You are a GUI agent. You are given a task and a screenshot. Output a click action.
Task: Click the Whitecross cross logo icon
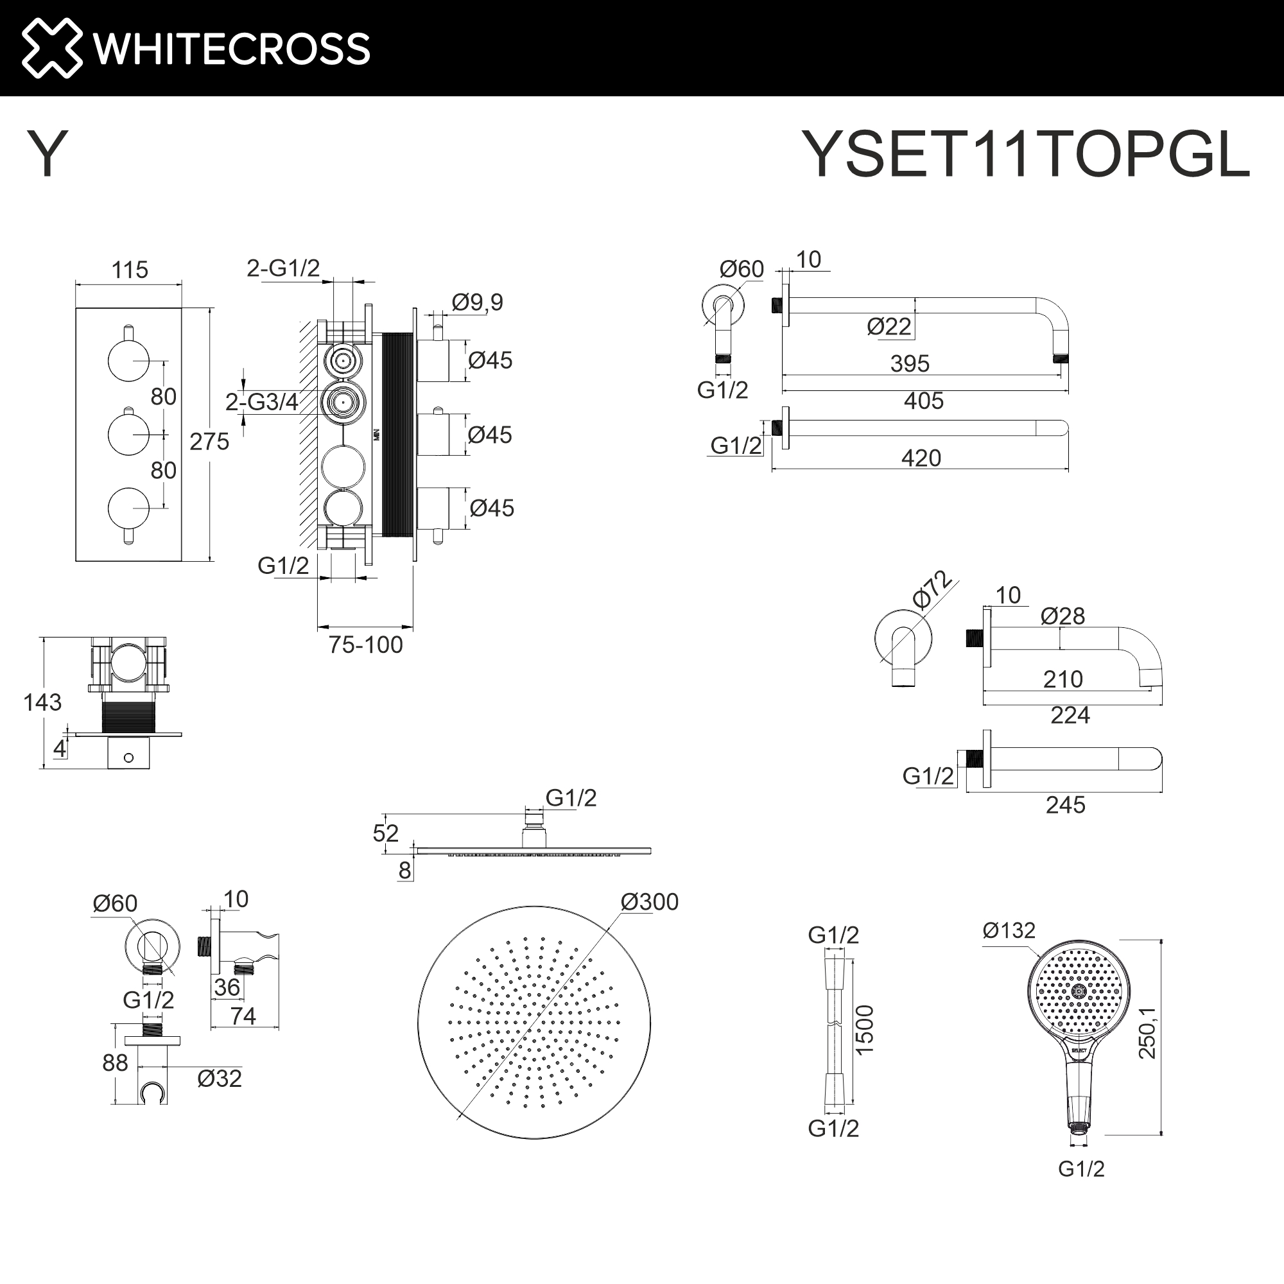click(52, 48)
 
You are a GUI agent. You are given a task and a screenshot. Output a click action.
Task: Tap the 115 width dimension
click(130, 270)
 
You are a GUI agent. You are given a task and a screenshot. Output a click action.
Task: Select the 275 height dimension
click(209, 441)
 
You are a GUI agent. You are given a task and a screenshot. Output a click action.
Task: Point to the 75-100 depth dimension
click(365, 645)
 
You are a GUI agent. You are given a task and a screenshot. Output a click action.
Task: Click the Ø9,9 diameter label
click(477, 302)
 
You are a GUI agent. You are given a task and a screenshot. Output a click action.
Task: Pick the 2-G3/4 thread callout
click(261, 402)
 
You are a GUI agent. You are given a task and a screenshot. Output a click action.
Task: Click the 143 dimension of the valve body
click(42, 702)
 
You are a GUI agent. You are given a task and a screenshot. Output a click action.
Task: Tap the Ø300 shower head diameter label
click(649, 902)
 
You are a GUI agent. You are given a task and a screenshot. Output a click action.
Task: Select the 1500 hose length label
click(865, 1030)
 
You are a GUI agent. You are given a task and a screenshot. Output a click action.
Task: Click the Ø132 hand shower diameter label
click(1009, 930)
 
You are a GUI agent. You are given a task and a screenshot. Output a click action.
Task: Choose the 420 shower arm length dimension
click(921, 458)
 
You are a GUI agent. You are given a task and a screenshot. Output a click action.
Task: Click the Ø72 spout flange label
click(932, 589)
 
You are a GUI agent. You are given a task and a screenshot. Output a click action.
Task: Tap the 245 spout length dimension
click(1065, 805)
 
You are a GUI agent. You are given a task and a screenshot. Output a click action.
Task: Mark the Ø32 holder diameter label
click(220, 1079)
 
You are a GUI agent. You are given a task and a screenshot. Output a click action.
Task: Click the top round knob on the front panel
click(129, 360)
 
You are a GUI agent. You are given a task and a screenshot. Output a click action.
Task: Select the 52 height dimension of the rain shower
click(385, 833)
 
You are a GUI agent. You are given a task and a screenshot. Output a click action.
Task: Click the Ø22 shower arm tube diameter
click(889, 327)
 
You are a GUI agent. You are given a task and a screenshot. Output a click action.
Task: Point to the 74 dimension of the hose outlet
click(243, 1016)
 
